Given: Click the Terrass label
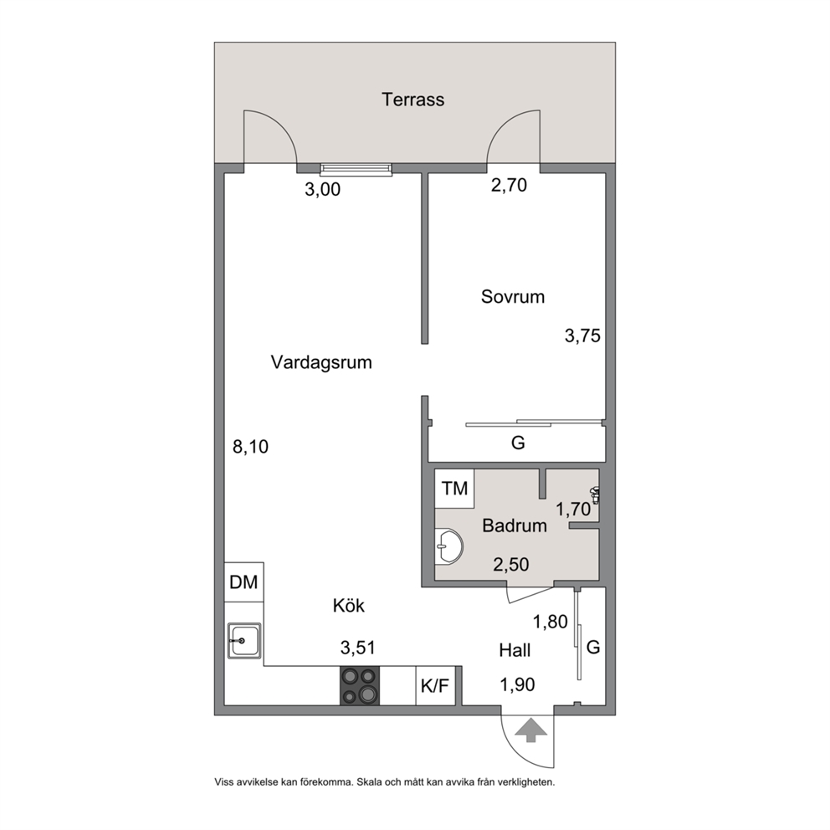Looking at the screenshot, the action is pyautogui.click(x=412, y=100).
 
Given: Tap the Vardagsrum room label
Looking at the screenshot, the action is pyautogui.click(x=321, y=362).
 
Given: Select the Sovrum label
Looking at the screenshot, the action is pyautogui.click(x=512, y=296).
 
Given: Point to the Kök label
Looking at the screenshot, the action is pyautogui.click(x=348, y=605).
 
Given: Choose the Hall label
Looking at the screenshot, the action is pyautogui.click(x=515, y=650).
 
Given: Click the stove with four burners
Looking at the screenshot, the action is pyautogui.click(x=360, y=685).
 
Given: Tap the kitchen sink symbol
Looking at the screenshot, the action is pyautogui.click(x=244, y=641).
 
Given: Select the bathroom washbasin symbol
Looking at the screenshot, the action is pyautogui.click(x=448, y=546).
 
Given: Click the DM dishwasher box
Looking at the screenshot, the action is pyautogui.click(x=243, y=582).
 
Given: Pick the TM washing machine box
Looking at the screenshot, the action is pyautogui.click(x=454, y=488).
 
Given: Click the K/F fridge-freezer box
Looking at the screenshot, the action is pyautogui.click(x=435, y=685).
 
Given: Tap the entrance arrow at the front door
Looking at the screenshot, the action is pyautogui.click(x=531, y=731).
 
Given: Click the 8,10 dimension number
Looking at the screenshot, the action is pyautogui.click(x=250, y=447).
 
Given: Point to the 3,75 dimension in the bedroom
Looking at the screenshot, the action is pyautogui.click(x=582, y=336).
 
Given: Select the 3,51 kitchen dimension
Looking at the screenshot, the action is pyautogui.click(x=358, y=648).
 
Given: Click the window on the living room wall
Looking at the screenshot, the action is pyautogui.click(x=356, y=169).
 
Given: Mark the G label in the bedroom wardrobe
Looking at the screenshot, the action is pyautogui.click(x=518, y=443).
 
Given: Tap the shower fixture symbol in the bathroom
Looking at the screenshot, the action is pyautogui.click(x=596, y=494).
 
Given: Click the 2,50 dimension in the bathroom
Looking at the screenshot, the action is pyautogui.click(x=511, y=565).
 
